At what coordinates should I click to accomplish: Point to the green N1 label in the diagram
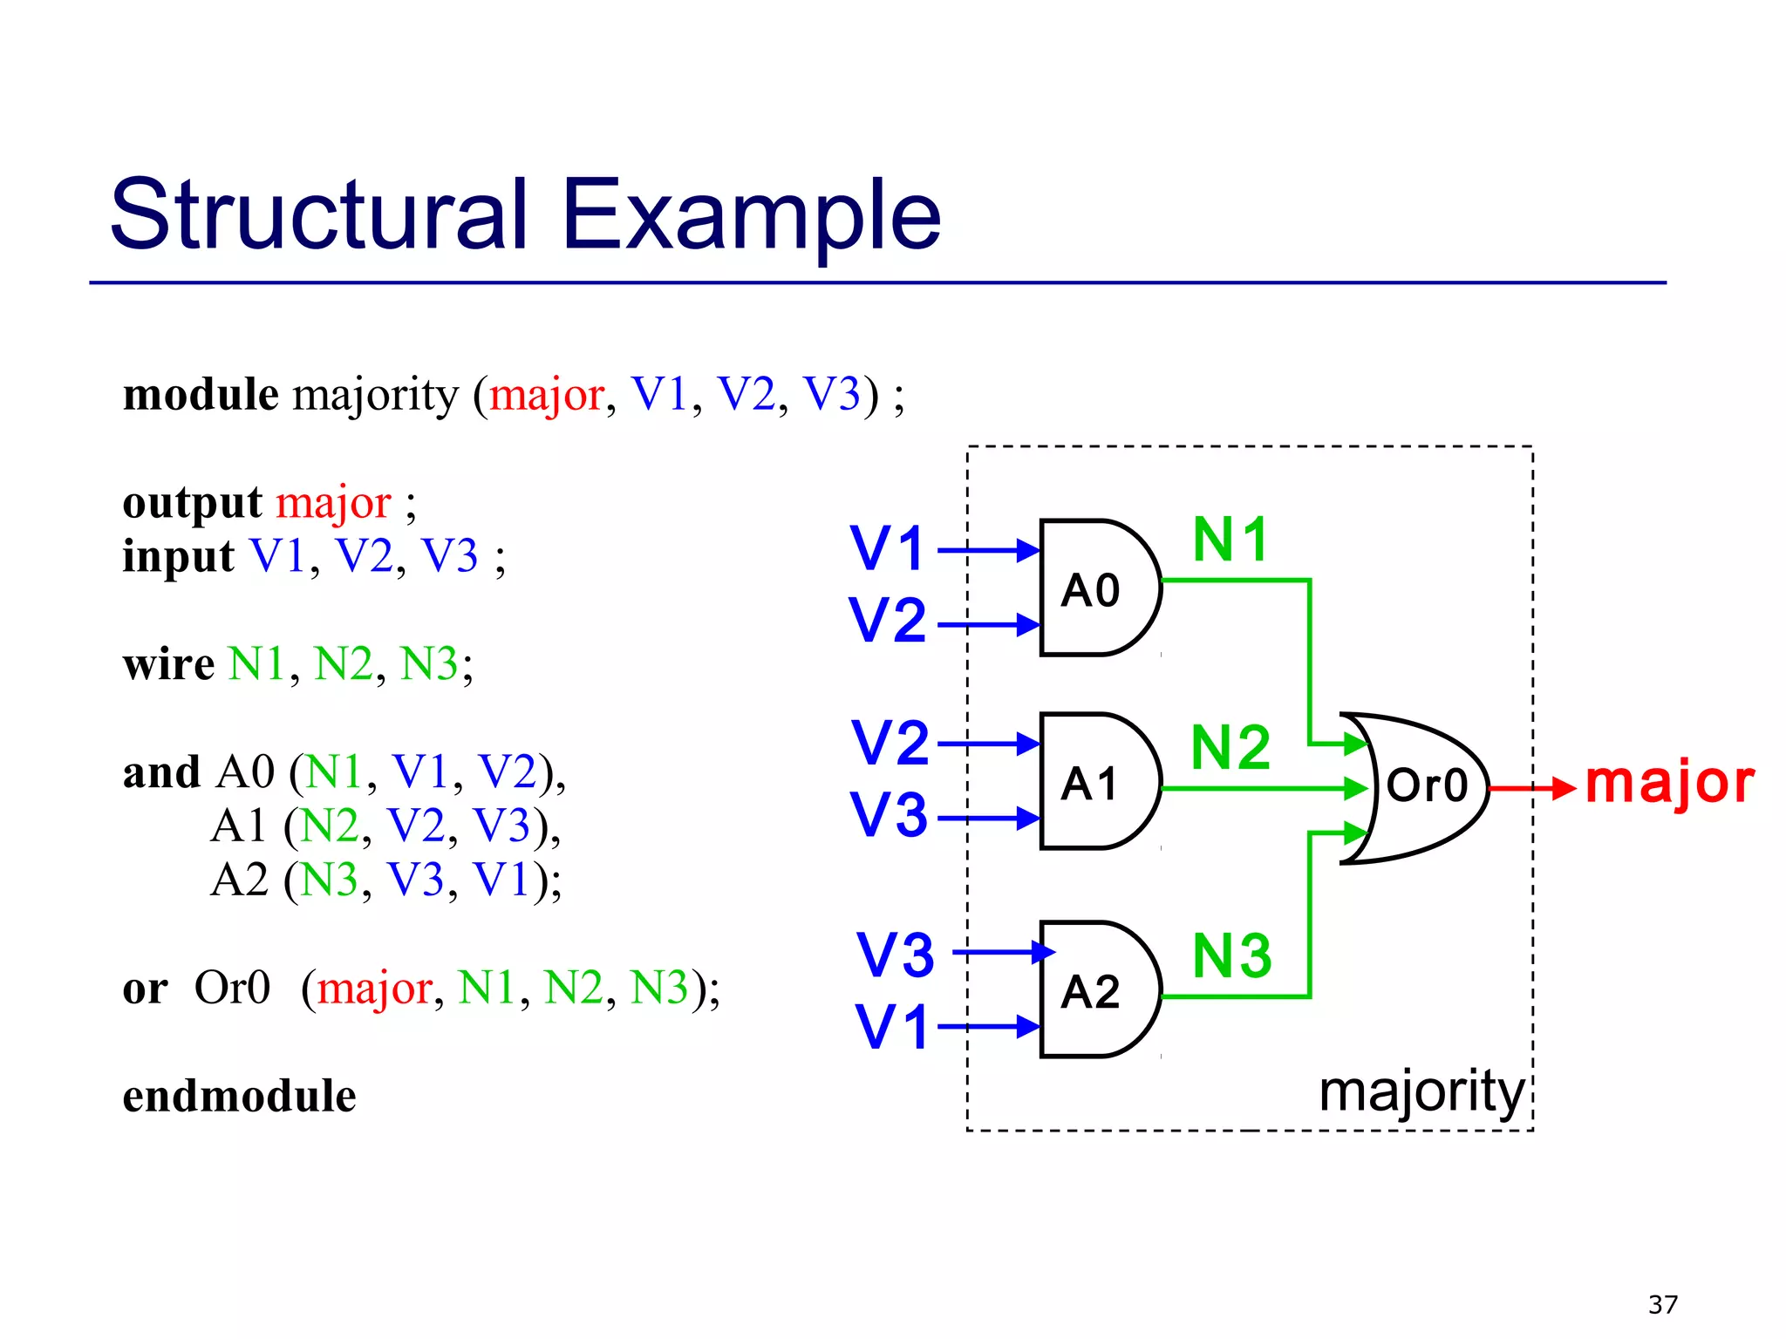[x=1230, y=540]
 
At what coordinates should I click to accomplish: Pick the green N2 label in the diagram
[x=1230, y=748]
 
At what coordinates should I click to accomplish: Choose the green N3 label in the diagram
[x=1231, y=956]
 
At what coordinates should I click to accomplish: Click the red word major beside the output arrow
[x=1668, y=782]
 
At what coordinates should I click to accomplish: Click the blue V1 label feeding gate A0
[x=887, y=549]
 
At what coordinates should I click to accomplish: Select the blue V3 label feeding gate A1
[x=889, y=815]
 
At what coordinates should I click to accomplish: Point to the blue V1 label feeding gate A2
[x=890, y=1027]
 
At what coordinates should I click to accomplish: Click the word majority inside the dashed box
[x=1421, y=1091]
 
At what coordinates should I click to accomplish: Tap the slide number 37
[x=1662, y=1304]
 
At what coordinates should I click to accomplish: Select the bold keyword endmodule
[x=239, y=1096]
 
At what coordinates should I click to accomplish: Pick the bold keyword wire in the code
[x=168, y=664]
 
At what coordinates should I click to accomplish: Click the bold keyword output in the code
[x=192, y=503]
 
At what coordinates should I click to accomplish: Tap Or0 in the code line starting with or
[x=231, y=988]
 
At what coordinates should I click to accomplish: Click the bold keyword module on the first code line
[x=201, y=395]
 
